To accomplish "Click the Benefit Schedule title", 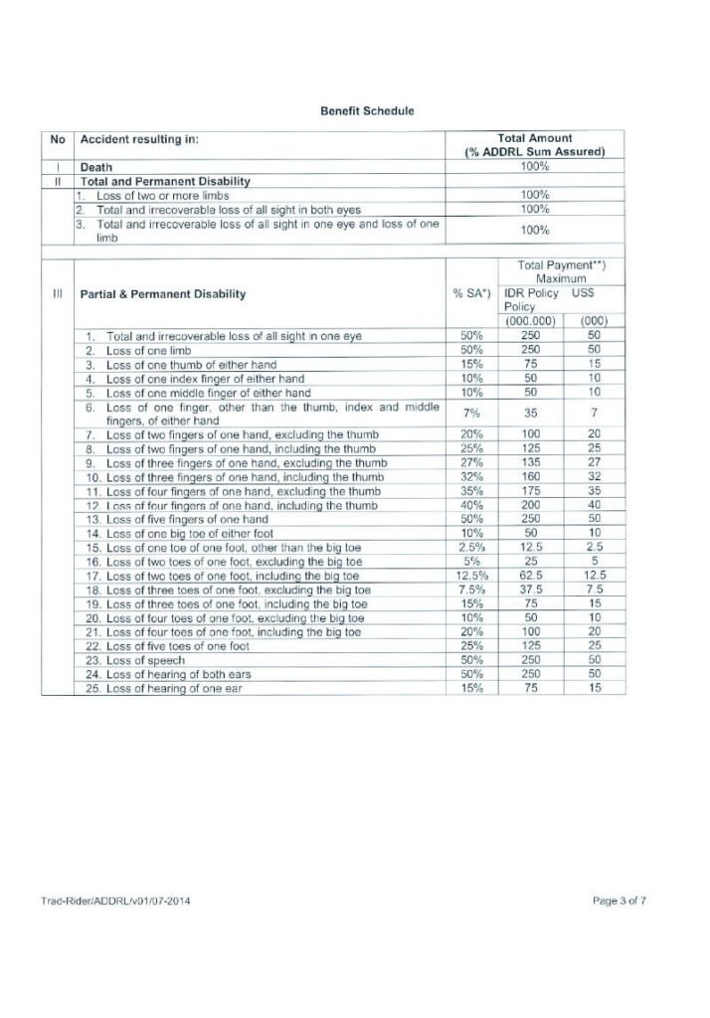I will pos(354,110).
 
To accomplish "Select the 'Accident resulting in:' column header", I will pos(140,139).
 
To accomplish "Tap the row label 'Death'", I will pos(95,168).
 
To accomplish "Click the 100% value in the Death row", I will pos(535,166).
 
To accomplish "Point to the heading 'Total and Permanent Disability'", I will pos(164,181).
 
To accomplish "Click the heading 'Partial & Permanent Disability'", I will pos(163,294).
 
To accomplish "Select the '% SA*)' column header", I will pos(470,294).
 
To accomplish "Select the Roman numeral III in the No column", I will pos(59,294).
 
